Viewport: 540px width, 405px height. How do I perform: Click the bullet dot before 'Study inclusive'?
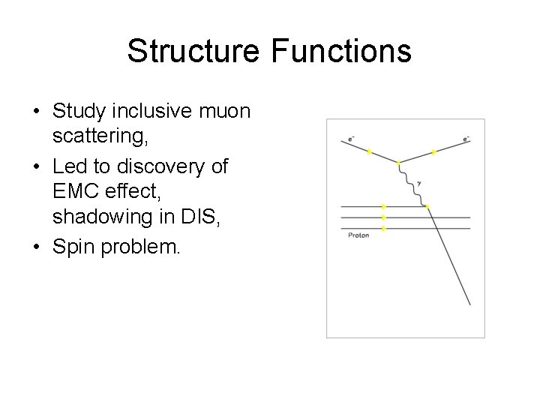tap(37, 112)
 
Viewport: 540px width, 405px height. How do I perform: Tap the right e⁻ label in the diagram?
tap(466, 139)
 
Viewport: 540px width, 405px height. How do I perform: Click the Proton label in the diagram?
tap(358, 235)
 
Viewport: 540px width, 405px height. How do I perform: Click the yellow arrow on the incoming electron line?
tap(369, 152)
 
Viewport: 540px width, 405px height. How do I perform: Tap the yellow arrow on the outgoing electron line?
tap(434, 152)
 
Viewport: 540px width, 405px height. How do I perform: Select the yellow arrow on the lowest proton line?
tap(383, 227)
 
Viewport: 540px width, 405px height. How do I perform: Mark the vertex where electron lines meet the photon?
tap(398, 162)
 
